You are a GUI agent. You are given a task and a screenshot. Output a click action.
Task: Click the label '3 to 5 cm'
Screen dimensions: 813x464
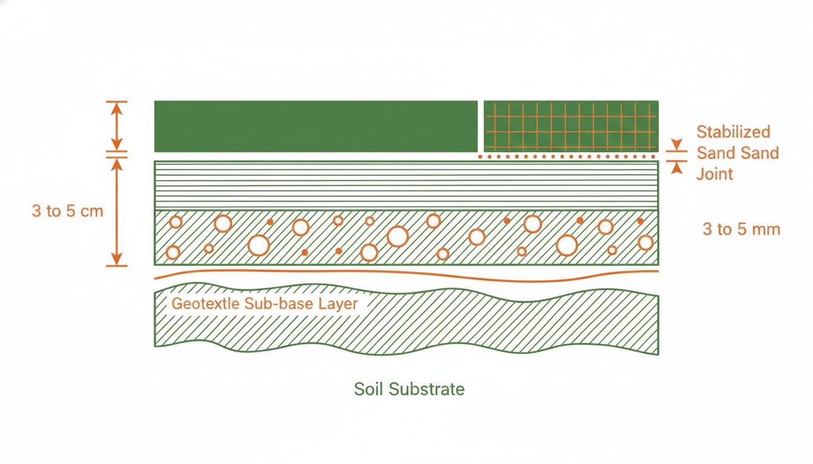pyautogui.click(x=68, y=211)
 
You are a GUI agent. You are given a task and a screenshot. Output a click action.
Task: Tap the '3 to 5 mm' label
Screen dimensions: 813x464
pyautogui.click(x=741, y=229)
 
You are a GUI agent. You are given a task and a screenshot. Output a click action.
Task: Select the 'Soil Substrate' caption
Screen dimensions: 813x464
pyautogui.click(x=409, y=389)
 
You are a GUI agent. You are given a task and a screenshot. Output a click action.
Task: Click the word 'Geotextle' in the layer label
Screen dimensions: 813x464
pyautogui.click(x=206, y=304)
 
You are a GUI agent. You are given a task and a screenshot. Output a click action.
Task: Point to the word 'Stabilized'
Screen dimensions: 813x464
pyautogui.click(x=733, y=132)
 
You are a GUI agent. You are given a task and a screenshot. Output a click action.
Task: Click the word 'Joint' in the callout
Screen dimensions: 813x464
pyautogui.click(x=714, y=174)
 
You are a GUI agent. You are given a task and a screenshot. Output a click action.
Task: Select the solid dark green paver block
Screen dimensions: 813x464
pyautogui.click(x=316, y=126)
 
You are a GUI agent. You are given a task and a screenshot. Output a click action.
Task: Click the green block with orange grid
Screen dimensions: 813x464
pyautogui.click(x=571, y=126)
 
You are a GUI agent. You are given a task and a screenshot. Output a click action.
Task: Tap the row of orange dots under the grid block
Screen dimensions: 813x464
pyautogui.click(x=566, y=156)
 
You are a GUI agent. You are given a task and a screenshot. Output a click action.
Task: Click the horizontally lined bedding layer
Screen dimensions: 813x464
pyautogui.click(x=406, y=185)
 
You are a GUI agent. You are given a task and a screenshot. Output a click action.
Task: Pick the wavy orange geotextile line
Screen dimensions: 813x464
pyautogui.click(x=406, y=275)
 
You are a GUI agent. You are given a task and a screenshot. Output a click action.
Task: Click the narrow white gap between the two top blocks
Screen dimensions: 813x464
pyautogui.click(x=481, y=126)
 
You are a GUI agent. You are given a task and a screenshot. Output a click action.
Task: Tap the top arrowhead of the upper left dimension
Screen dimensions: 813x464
pyautogui.click(x=117, y=108)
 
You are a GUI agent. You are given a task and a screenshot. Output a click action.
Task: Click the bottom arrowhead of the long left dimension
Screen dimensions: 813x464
pyautogui.click(x=117, y=259)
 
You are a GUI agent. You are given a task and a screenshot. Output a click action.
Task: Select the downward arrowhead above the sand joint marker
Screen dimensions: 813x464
pyautogui.click(x=676, y=144)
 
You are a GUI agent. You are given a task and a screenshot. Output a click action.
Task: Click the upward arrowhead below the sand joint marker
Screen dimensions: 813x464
pyautogui.click(x=676, y=168)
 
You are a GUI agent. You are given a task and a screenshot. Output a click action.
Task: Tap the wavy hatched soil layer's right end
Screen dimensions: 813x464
pyautogui.click(x=658, y=325)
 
